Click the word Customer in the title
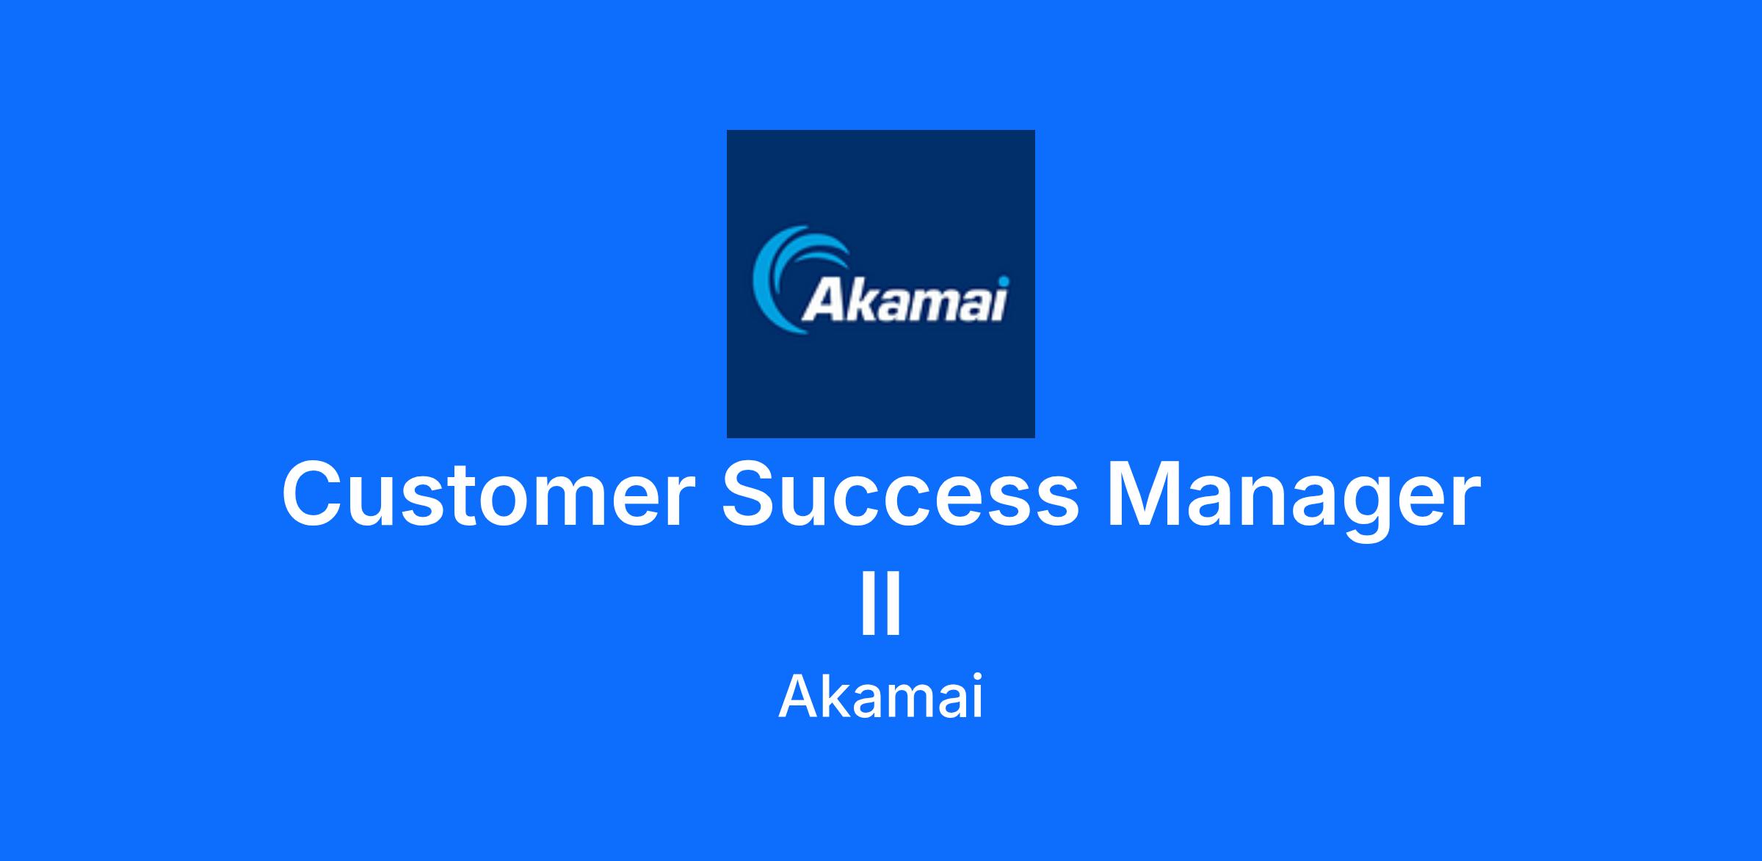pos(487,495)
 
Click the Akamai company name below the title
pos(880,697)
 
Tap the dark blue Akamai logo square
pos(880,283)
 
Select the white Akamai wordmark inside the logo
pos(904,299)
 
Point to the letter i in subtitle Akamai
pos(976,697)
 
